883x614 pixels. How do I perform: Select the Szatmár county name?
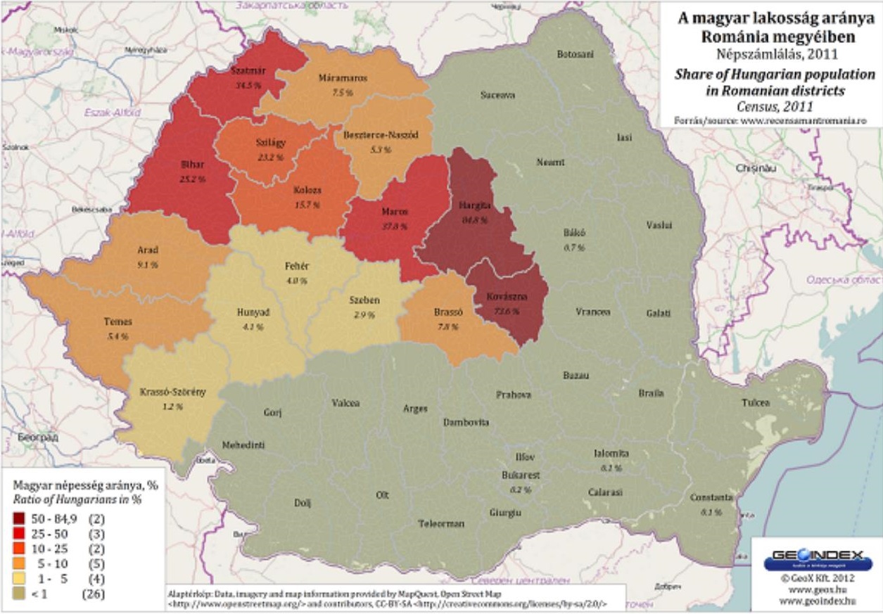246,72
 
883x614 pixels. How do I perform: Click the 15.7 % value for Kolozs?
307,205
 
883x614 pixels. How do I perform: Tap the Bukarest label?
521,475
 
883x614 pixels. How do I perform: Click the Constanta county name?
711,497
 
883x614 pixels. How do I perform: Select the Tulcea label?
756,403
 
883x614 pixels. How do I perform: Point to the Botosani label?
576,54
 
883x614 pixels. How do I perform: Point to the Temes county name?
117,322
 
